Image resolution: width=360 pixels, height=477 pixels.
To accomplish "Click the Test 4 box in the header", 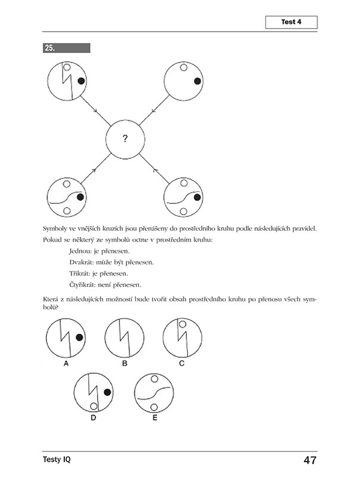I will tap(291, 23).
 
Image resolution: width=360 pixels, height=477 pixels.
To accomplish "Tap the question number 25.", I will tap(50, 48).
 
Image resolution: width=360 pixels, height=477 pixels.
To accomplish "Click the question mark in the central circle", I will tap(125, 139).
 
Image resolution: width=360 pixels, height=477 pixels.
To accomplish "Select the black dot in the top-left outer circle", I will tap(80, 80).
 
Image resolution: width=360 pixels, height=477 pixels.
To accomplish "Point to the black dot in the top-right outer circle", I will tap(195, 80).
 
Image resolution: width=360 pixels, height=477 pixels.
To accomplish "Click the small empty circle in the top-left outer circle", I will tap(67, 68).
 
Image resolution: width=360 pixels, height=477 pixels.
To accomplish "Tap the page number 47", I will tap(309, 460).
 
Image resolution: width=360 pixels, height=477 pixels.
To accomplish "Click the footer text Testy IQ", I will tap(59, 460).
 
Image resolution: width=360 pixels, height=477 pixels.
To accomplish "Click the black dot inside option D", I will tap(107, 392).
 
